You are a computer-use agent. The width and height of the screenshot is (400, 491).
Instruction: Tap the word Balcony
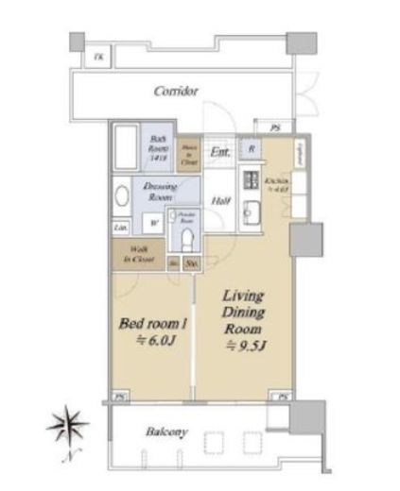166,432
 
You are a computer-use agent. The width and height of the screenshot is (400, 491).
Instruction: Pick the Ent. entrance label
219,152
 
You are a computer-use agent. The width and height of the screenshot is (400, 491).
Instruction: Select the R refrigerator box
251,149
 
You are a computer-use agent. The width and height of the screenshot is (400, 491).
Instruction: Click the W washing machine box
153,224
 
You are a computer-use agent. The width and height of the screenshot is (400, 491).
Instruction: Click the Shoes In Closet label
190,151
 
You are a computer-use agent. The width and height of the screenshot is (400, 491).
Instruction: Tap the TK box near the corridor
99,59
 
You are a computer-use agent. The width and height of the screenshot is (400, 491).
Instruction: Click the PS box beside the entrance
274,127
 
